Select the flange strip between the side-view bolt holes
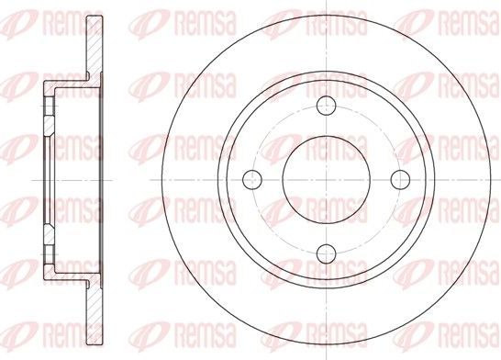pyautogui.click(x=46, y=180)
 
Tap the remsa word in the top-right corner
pyautogui.click(x=464, y=19)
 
